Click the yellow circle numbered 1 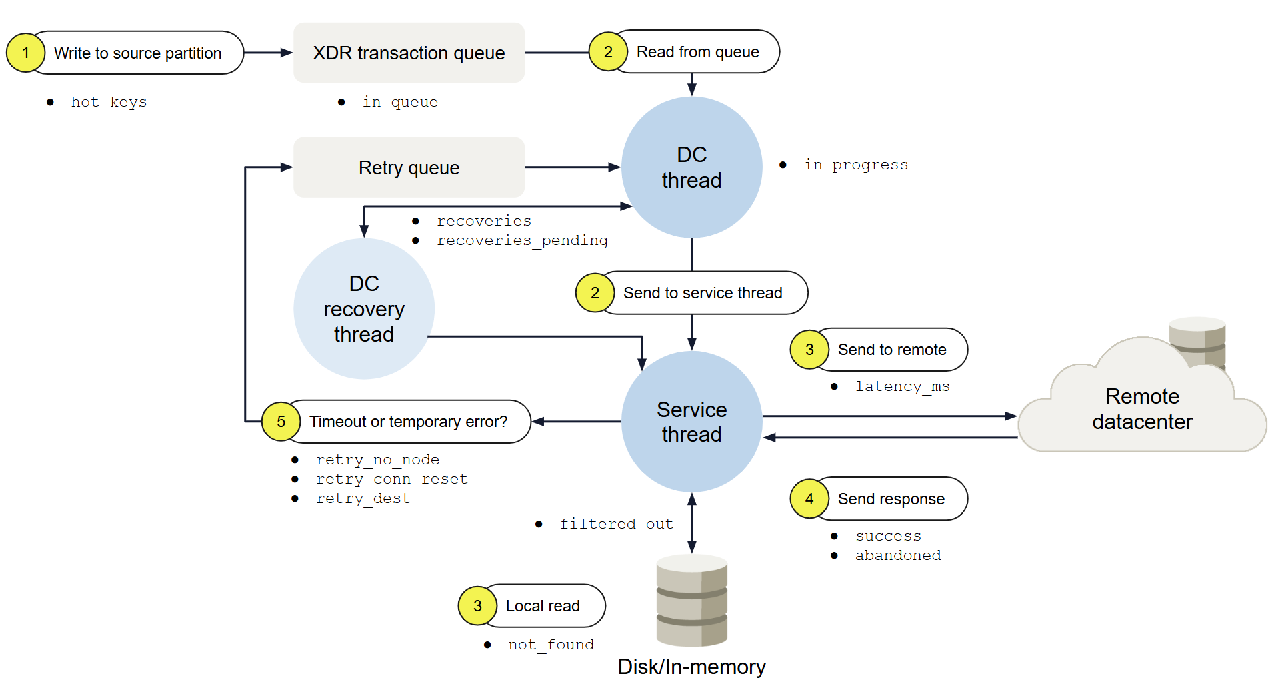click(x=25, y=53)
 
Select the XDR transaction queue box click(x=409, y=53)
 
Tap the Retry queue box click(x=409, y=167)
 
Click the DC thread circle click(x=691, y=167)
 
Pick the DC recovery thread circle click(x=363, y=309)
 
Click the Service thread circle click(x=691, y=422)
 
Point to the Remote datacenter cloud click(x=1141, y=409)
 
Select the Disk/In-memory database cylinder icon click(x=691, y=600)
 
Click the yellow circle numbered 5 click(x=281, y=422)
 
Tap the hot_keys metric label click(x=109, y=102)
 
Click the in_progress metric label click(x=855, y=165)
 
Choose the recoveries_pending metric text click(x=522, y=240)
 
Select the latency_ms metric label click(x=902, y=386)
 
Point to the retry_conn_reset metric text click(x=391, y=479)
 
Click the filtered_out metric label click(x=616, y=524)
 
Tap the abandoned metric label click(x=897, y=555)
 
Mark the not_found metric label click(x=551, y=645)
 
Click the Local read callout click(x=543, y=606)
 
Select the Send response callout click(x=891, y=499)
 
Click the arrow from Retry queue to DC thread click(x=572, y=167)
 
